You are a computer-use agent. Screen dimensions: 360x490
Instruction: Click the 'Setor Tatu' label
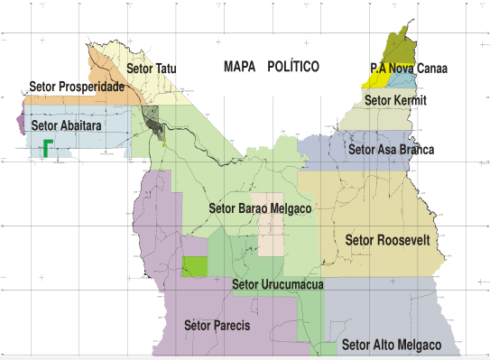[x=153, y=68]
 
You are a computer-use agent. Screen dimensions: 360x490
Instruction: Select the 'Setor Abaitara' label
[x=66, y=126]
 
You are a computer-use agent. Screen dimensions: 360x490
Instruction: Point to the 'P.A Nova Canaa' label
[x=410, y=68]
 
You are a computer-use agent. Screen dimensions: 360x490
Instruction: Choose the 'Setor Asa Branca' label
[x=391, y=149]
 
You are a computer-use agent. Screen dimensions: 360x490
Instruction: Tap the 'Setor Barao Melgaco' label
[x=260, y=208]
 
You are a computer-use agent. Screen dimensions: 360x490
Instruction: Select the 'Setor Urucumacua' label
[x=278, y=285]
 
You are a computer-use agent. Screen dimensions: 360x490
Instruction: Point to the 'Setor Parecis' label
[x=217, y=324]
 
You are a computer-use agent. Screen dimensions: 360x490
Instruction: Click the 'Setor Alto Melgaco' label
[x=392, y=345]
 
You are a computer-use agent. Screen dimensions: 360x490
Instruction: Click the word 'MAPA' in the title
[x=239, y=66]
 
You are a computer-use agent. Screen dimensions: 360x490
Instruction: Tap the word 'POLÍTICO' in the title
[x=293, y=66]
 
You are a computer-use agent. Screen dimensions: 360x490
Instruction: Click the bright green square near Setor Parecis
[x=194, y=266]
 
